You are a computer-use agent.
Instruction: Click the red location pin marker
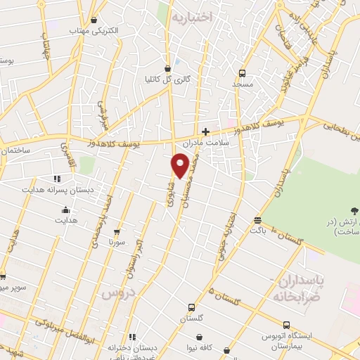click(181, 165)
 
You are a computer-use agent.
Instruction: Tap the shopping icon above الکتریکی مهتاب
click(94, 20)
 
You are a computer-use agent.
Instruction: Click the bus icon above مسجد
click(242, 73)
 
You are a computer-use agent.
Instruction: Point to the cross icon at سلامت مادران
click(205, 131)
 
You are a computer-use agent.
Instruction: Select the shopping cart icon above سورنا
click(117, 231)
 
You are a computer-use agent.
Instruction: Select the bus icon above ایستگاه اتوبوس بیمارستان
click(286, 325)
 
